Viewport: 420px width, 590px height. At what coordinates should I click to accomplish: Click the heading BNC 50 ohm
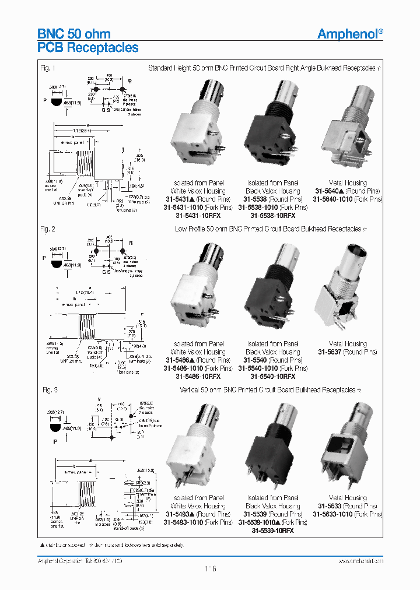click(73, 34)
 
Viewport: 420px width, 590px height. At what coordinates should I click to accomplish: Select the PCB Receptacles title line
click(87, 48)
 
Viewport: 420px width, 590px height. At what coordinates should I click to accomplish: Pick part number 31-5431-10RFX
click(198, 216)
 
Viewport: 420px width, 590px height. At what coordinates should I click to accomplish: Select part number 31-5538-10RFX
click(273, 216)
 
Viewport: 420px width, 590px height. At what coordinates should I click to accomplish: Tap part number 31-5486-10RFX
click(198, 377)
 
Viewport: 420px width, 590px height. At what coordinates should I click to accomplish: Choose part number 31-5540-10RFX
click(273, 377)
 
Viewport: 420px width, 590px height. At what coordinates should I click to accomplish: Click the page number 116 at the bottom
click(210, 568)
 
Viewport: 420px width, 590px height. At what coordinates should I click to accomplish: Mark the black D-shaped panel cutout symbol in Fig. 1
click(56, 103)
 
